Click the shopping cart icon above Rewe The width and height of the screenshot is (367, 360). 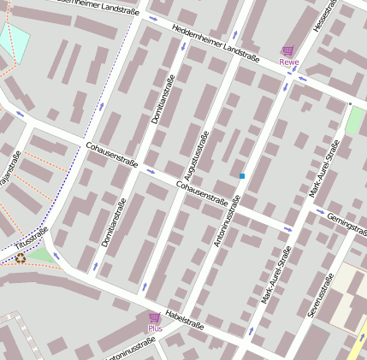pyautogui.click(x=288, y=51)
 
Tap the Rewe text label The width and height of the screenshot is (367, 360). pyautogui.click(x=288, y=62)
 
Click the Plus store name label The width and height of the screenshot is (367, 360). pyautogui.click(x=154, y=328)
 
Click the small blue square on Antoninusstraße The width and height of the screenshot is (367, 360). pyautogui.click(x=242, y=176)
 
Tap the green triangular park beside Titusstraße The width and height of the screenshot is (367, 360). pyautogui.click(x=39, y=256)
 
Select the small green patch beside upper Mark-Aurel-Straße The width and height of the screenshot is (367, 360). pyautogui.click(x=354, y=121)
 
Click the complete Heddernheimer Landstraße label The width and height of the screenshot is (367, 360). pyautogui.click(x=216, y=42)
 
